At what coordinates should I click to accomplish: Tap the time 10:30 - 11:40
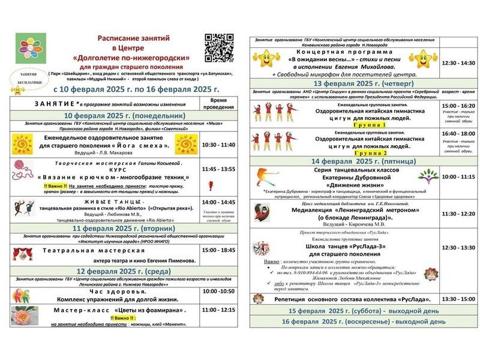click(x=219, y=145)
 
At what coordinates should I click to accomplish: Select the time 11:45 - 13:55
click(x=219, y=169)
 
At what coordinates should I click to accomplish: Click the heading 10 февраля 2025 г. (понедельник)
click(x=116, y=115)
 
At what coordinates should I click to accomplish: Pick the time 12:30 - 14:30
click(x=458, y=62)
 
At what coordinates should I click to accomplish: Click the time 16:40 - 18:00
click(x=458, y=133)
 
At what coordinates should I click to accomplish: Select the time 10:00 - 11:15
click(x=458, y=177)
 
